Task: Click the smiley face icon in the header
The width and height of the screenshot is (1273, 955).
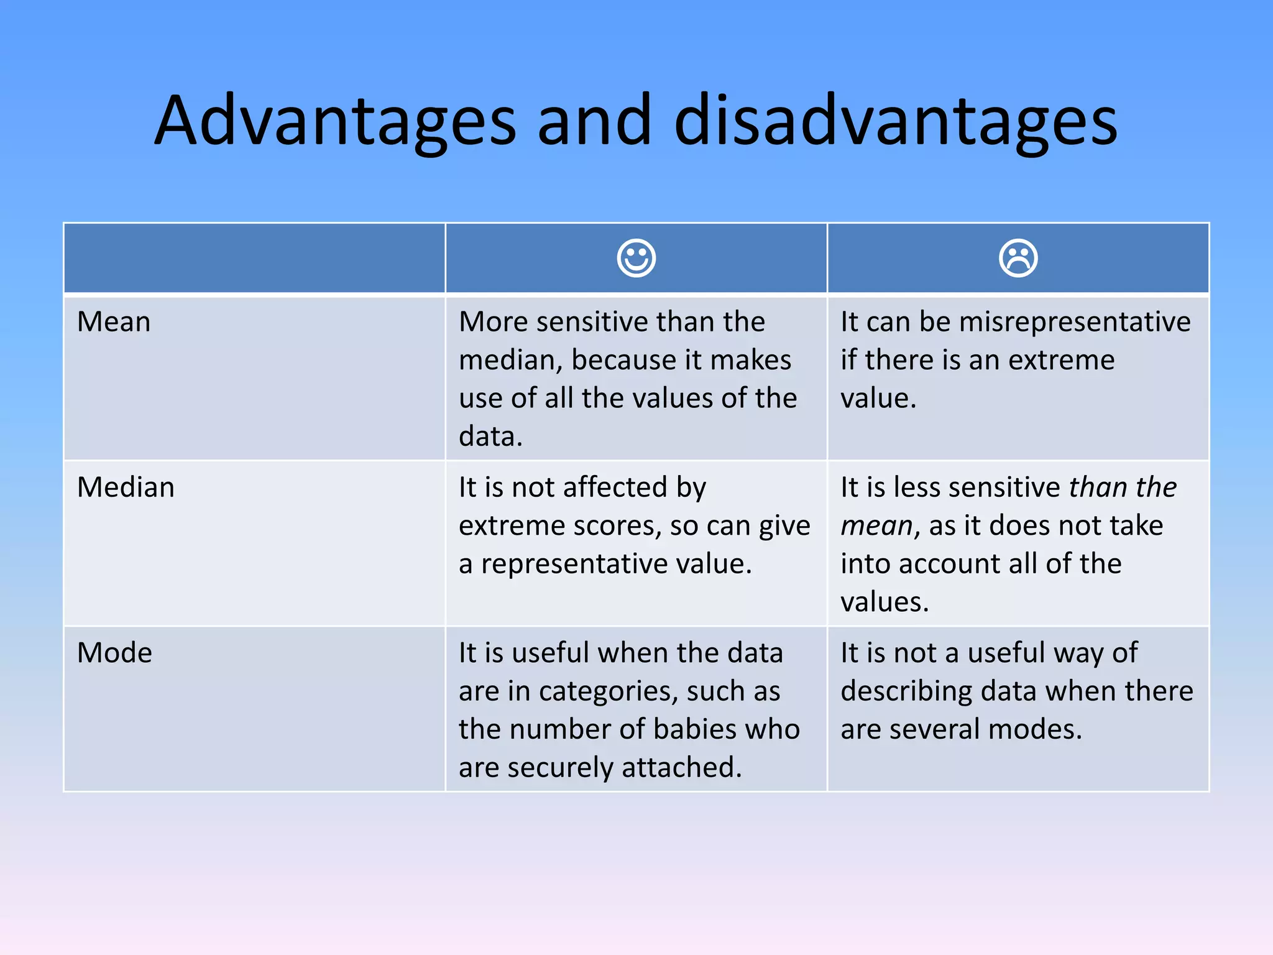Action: [x=636, y=258]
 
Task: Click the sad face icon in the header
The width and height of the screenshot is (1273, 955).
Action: [x=1018, y=258]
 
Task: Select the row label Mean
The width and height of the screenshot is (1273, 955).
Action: [x=114, y=322]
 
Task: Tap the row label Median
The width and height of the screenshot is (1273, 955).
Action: [x=126, y=487]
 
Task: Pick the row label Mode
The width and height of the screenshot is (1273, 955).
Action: [x=114, y=653]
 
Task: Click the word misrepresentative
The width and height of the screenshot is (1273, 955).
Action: [x=1075, y=322]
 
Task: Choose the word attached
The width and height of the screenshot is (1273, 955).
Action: [x=681, y=767]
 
